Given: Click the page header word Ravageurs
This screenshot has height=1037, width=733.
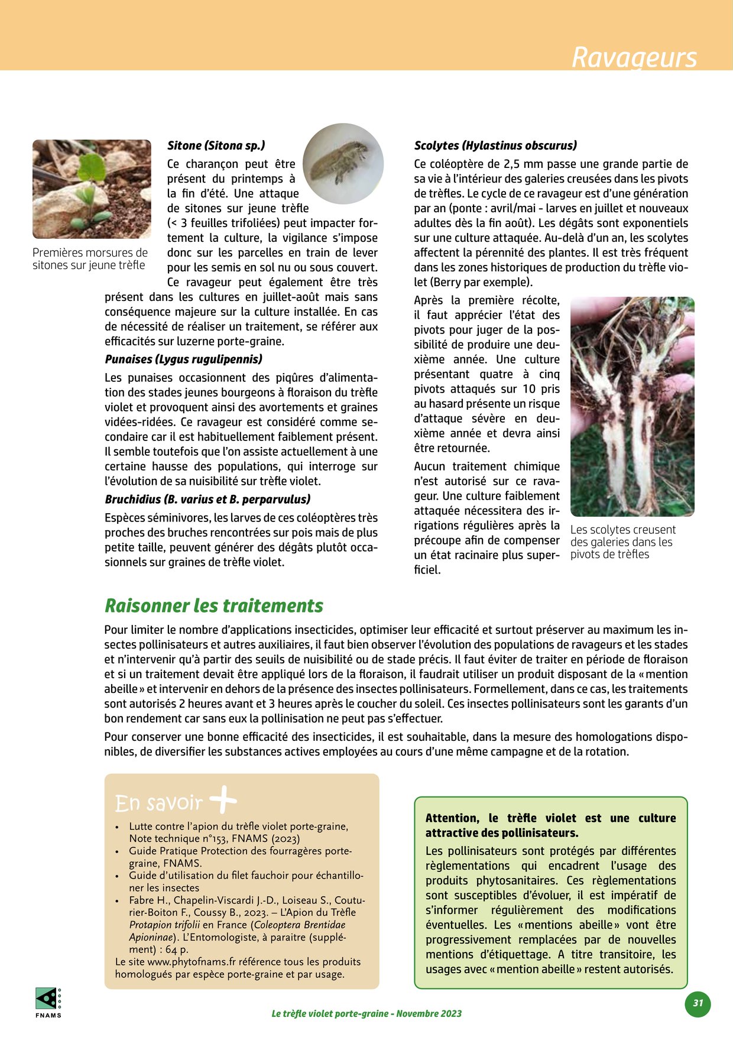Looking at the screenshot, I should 634,58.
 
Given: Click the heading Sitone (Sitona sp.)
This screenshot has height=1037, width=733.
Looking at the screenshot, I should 216,145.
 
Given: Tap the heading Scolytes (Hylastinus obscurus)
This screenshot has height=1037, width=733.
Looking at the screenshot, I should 495,145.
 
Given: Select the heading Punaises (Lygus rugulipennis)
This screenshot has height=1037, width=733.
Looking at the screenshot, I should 183,359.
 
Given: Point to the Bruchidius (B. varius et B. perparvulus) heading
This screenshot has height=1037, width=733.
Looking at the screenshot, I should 207,500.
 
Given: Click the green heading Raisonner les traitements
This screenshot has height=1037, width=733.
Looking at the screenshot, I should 214,606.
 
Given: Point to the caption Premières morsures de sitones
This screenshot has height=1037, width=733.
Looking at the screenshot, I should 90,259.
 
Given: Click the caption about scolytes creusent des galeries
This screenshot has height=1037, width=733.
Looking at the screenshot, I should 622,542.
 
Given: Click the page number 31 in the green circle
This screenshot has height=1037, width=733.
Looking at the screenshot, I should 698,1003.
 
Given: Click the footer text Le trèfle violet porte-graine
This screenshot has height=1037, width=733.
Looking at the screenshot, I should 367,1013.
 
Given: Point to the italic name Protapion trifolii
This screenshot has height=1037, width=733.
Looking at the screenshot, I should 164,925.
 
